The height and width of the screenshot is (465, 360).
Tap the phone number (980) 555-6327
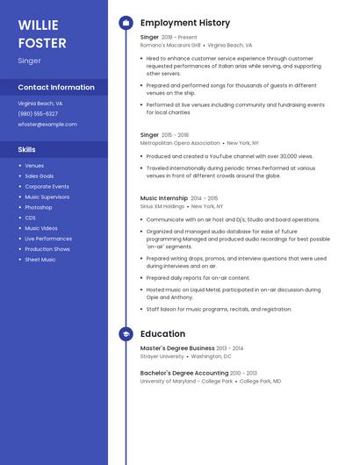coord(38,113)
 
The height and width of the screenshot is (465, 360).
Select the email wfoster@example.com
coord(47,125)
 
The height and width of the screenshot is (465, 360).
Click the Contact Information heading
coord(56,88)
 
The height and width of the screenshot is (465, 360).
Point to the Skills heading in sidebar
coord(27,150)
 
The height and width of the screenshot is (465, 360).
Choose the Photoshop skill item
coord(39,207)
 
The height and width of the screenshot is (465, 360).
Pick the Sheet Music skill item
coord(40,260)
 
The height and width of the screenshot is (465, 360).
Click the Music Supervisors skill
coord(47,197)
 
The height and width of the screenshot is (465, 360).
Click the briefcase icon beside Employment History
coord(126,22)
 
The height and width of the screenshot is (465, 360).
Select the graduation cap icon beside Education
coord(126,334)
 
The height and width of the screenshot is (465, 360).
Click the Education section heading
coord(162,334)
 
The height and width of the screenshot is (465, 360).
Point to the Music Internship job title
coord(164,198)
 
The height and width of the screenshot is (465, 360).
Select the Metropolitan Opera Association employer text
coord(180,142)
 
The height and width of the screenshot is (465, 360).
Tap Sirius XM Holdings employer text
coord(162,206)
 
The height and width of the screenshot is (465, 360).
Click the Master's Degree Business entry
coord(178,348)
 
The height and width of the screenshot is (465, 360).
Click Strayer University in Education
coord(162,356)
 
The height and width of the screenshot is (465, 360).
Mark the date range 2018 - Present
coord(180,37)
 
